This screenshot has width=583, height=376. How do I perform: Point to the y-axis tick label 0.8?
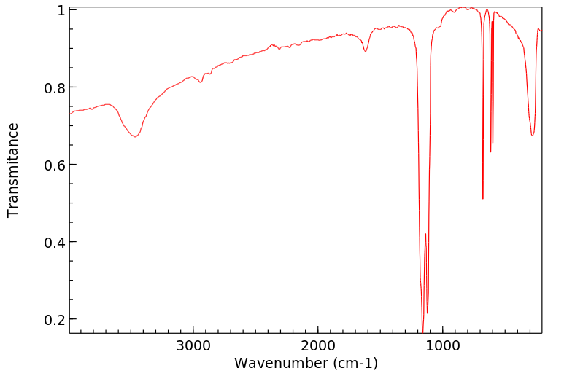pyautogui.click(x=55, y=87)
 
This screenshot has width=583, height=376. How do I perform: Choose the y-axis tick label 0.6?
pyautogui.click(x=55, y=165)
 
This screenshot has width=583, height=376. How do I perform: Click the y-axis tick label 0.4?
pyautogui.click(x=55, y=242)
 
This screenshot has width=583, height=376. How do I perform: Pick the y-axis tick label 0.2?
pyautogui.click(x=55, y=319)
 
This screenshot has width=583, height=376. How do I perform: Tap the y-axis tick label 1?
pyautogui.click(x=61, y=10)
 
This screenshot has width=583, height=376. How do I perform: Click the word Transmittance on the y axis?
pyautogui.click(x=13, y=170)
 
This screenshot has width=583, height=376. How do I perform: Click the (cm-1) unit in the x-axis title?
pyautogui.click(x=355, y=362)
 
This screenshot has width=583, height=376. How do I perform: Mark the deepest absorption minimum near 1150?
pyautogui.click(x=422, y=332)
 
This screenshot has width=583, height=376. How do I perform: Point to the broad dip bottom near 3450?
pyautogui.click(x=135, y=136)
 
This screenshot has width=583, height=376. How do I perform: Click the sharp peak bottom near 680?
pyautogui.click(x=483, y=198)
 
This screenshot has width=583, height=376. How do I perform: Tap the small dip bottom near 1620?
pyautogui.click(x=366, y=51)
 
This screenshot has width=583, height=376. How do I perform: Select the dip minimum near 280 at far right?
pyautogui.click(x=533, y=135)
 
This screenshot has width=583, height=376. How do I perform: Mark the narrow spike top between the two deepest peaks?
pyautogui.click(x=425, y=234)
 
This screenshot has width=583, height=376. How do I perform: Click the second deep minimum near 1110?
pyautogui.click(x=428, y=313)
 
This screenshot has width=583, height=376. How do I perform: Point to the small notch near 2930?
pyautogui.click(x=202, y=82)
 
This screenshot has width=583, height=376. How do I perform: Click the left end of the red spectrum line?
pyautogui.click(x=70, y=114)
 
